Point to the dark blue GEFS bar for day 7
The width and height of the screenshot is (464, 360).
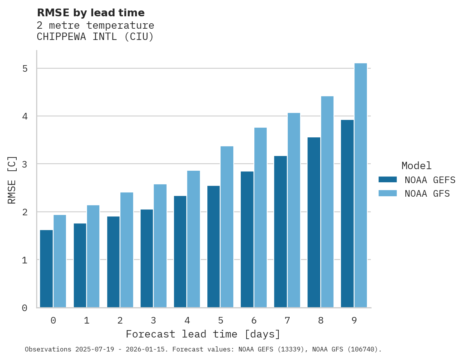click(280, 232)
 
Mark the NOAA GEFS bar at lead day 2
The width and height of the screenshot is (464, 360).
click(113, 262)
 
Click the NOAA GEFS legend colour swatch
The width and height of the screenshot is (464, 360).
click(388, 180)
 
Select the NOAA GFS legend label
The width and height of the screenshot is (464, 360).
click(427, 194)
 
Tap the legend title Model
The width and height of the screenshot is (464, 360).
click(416, 166)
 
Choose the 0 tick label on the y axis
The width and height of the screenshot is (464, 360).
click(24, 308)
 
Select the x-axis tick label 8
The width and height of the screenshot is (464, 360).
click(321, 320)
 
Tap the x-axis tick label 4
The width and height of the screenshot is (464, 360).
click(187, 320)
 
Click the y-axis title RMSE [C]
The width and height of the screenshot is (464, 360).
click(12, 179)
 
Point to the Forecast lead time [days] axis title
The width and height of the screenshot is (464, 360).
click(203, 334)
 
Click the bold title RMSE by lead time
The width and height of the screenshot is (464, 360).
click(91, 13)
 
